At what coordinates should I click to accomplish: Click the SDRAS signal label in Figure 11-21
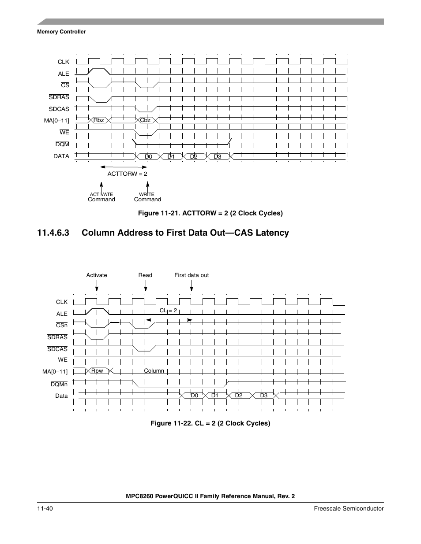click(x=59, y=97)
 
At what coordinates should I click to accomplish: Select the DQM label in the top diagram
click(x=62, y=144)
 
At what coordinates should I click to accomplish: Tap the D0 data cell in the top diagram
click(x=148, y=156)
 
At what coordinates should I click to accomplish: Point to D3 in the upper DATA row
click(x=217, y=156)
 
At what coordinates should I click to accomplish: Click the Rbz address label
click(x=98, y=120)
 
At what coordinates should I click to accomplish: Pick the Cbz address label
click(x=145, y=120)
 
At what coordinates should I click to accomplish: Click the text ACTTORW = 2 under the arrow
click(x=127, y=174)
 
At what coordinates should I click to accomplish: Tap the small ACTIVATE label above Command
click(x=101, y=194)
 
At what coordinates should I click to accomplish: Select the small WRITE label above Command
click(x=147, y=194)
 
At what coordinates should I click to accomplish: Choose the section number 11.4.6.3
click(x=53, y=233)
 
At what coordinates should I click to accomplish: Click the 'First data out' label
click(x=192, y=275)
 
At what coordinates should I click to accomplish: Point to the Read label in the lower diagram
click(x=145, y=275)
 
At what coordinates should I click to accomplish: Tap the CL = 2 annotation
click(x=168, y=310)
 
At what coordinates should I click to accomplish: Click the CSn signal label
click(x=62, y=325)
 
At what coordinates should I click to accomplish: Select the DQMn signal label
click(x=59, y=384)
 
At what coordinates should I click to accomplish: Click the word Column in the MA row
click(x=154, y=370)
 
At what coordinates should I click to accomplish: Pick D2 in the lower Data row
click(x=239, y=395)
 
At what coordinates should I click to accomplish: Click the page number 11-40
click(x=45, y=508)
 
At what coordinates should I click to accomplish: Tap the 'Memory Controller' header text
click(x=61, y=32)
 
